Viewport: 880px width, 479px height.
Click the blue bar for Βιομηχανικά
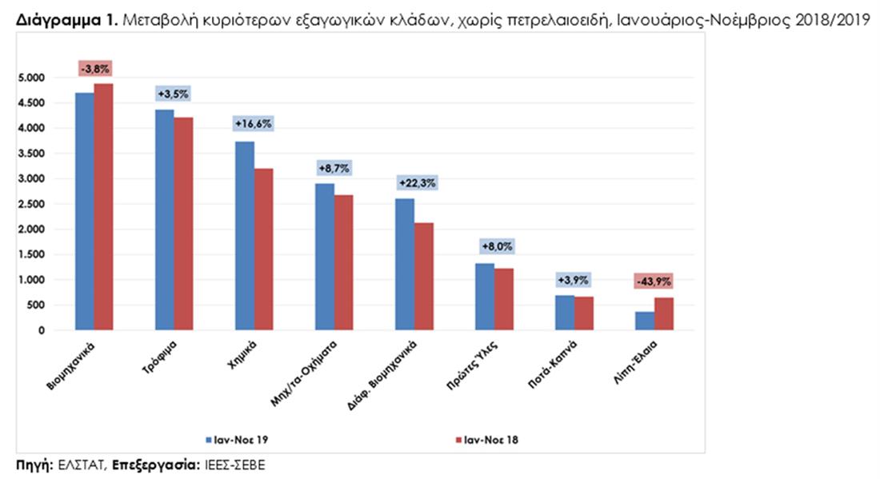point(84,212)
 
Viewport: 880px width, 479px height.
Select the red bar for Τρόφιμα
point(184,224)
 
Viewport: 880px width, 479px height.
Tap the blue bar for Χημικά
point(244,236)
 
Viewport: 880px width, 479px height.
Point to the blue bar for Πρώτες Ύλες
point(485,297)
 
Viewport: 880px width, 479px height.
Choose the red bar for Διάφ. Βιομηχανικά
point(424,277)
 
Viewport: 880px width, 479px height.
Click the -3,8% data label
point(94,69)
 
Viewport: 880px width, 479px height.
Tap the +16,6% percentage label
point(254,124)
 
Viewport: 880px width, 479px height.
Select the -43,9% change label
point(654,281)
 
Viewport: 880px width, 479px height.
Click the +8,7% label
point(334,169)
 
